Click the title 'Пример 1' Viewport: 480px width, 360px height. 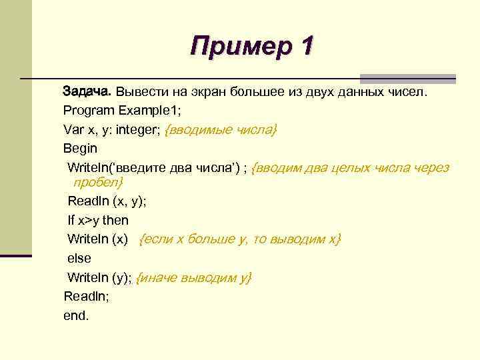251,47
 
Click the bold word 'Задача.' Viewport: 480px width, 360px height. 88,91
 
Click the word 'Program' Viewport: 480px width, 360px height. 88,110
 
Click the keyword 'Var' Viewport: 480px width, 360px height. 74,129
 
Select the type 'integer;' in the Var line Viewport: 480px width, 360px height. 138,129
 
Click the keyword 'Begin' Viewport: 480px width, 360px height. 80,148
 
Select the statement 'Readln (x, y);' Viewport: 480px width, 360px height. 107,201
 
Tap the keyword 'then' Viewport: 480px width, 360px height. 115,220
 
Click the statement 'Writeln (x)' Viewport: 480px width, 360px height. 97,239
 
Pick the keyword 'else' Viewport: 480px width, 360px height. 79,258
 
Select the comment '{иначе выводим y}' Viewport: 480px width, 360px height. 194,277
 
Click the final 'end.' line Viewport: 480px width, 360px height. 76,315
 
